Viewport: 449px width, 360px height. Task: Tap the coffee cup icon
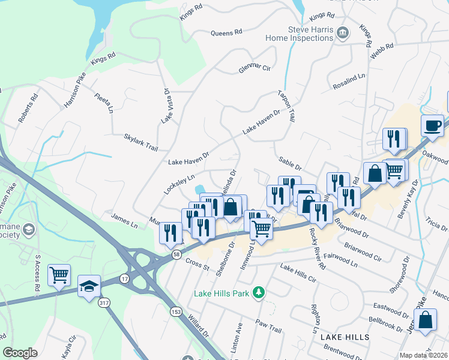[432, 126]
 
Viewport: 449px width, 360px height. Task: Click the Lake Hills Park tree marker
[259, 292]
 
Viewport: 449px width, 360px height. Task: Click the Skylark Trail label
[140, 139]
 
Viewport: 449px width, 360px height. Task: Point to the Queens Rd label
[226, 32]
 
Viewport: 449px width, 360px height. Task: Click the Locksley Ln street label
[179, 184]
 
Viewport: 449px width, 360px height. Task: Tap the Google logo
[20, 353]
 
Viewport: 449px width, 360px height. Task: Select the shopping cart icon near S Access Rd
[59, 275]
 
